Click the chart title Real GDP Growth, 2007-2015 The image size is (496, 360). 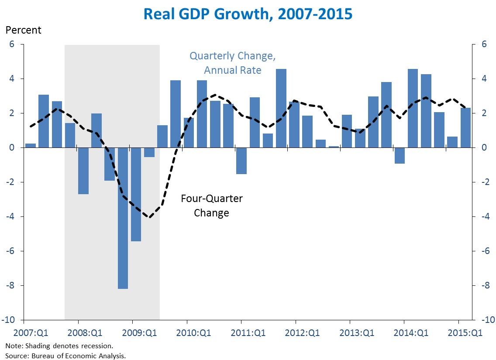pos(248,14)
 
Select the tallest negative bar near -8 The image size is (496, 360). pos(123,218)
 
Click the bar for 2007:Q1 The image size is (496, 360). pos(31,145)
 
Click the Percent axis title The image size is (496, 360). pos(23,31)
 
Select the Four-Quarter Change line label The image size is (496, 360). pos(212,206)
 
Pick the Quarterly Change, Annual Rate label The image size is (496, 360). pos(232,63)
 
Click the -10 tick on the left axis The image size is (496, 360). pos(9,320)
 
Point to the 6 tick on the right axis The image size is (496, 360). pos(484,45)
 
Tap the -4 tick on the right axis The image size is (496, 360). pos(486,217)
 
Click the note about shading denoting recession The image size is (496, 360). pos(59,346)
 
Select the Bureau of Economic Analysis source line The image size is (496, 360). pos(65,356)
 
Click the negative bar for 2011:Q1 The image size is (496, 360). pos(241,161)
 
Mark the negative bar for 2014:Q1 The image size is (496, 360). pos(400,155)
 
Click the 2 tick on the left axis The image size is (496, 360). pos(12,113)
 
